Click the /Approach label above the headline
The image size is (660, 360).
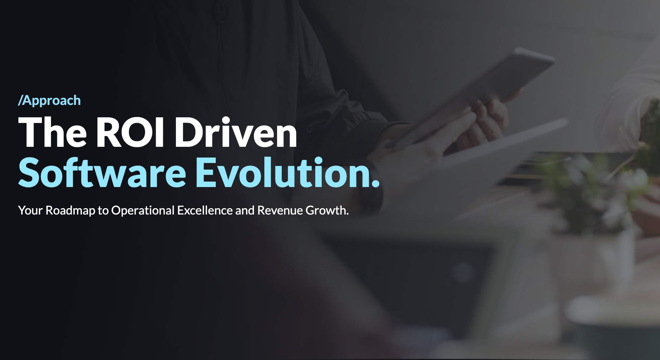pyautogui.click(x=50, y=101)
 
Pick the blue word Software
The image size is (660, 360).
pyautogui.click(x=102, y=172)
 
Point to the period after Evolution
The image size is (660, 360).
pyautogui.click(x=376, y=183)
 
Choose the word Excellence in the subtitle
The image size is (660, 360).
pyautogui.click(x=205, y=211)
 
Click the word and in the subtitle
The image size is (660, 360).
pyautogui.click(x=245, y=211)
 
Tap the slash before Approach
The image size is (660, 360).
pyautogui.click(x=20, y=101)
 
